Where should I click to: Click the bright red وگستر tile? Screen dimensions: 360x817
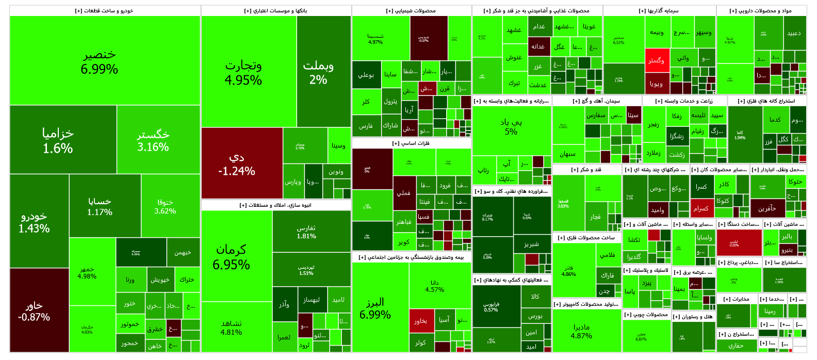pyautogui.click(x=657, y=60)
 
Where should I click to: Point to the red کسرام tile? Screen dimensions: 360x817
pyautogui.click(x=700, y=208)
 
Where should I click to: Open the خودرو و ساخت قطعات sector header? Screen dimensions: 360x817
pyautogui.click(x=104, y=11)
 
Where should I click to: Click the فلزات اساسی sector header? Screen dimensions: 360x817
pyautogui.click(x=411, y=143)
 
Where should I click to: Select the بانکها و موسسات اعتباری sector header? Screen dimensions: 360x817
pyautogui.click(x=275, y=11)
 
